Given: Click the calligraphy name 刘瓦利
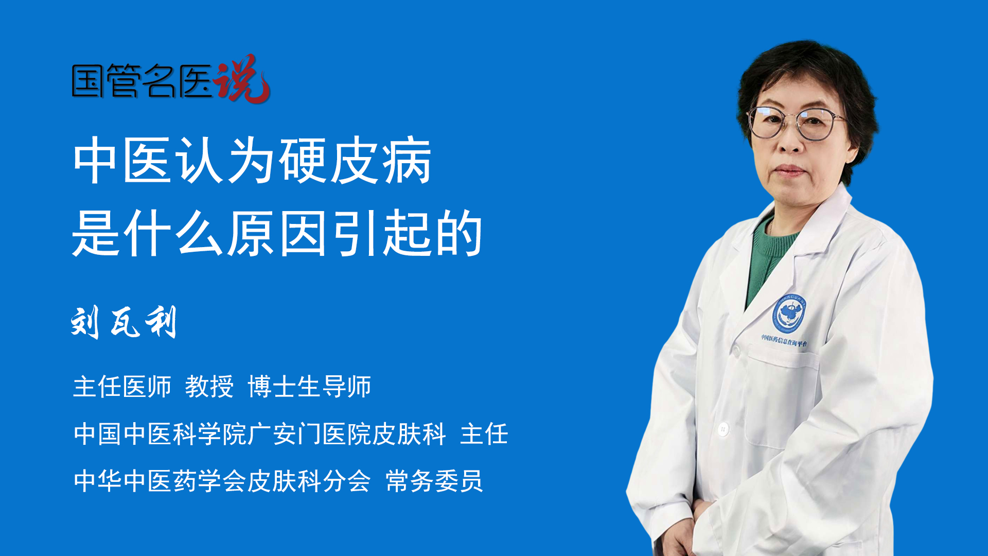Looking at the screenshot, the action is [x=123, y=322].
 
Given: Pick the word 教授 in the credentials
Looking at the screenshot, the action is [x=209, y=386].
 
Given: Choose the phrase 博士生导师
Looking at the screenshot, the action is [x=309, y=386].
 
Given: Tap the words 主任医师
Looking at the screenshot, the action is [x=122, y=386].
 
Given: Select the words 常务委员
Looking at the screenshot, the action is [x=434, y=481].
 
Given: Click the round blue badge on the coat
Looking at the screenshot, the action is [x=788, y=313].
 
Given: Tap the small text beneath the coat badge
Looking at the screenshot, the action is [x=784, y=340].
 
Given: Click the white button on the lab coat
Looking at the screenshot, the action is [x=724, y=428].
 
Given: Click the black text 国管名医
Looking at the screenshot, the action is [x=142, y=81].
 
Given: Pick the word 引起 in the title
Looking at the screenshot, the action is [x=382, y=233].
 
